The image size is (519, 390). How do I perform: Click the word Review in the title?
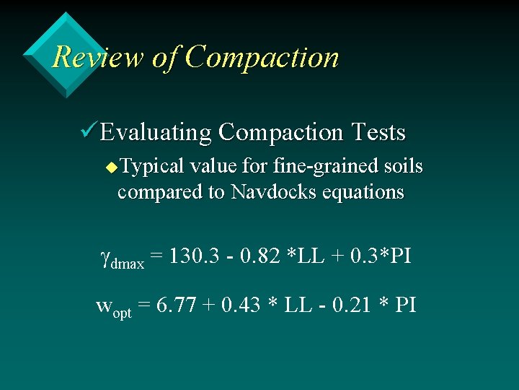(98, 57)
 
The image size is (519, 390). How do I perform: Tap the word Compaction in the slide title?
(261, 57)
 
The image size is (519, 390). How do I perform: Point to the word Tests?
(378, 133)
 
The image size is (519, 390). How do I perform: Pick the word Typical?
(151, 168)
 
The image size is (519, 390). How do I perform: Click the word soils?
(402, 167)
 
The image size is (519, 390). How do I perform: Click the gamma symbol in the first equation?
(105, 258)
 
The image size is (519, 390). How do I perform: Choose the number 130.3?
(196, 256)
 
